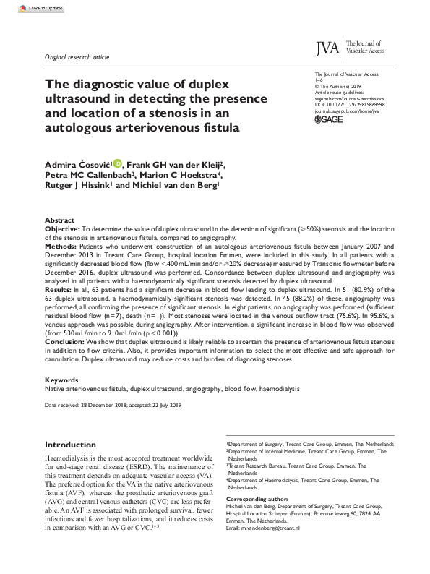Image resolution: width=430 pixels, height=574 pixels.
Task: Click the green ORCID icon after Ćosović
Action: click(117, 164)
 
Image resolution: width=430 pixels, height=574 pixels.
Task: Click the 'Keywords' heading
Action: click(61, 380)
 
